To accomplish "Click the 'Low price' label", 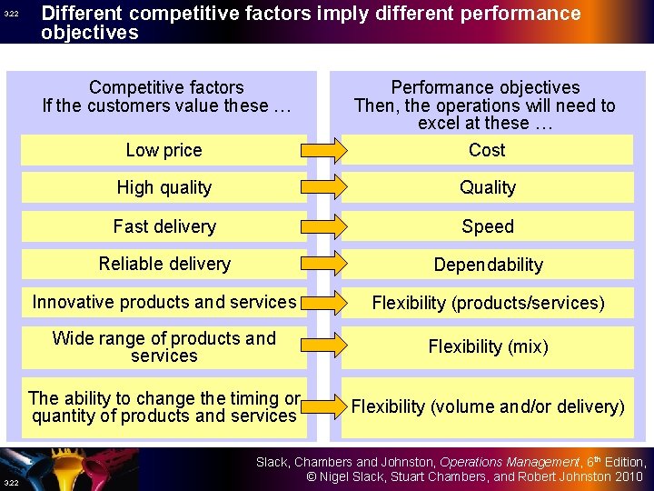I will point(163,150).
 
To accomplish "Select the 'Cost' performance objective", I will point(487,150).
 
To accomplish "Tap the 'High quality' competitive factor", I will point(163,188).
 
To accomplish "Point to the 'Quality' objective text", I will point(488,188).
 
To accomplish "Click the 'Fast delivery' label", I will point(164,226).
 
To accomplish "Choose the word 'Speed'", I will point(488,226).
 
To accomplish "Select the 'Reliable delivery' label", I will point(164,264).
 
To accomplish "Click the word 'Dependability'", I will point(488,265).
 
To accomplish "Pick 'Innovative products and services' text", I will point(164,302).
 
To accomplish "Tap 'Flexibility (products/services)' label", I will point(488,303).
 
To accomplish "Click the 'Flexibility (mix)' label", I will point(488,346).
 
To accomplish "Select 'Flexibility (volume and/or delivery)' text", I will point(488,406).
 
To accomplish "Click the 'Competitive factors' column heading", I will point(166,87).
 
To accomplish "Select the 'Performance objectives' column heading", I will point(485,87).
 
